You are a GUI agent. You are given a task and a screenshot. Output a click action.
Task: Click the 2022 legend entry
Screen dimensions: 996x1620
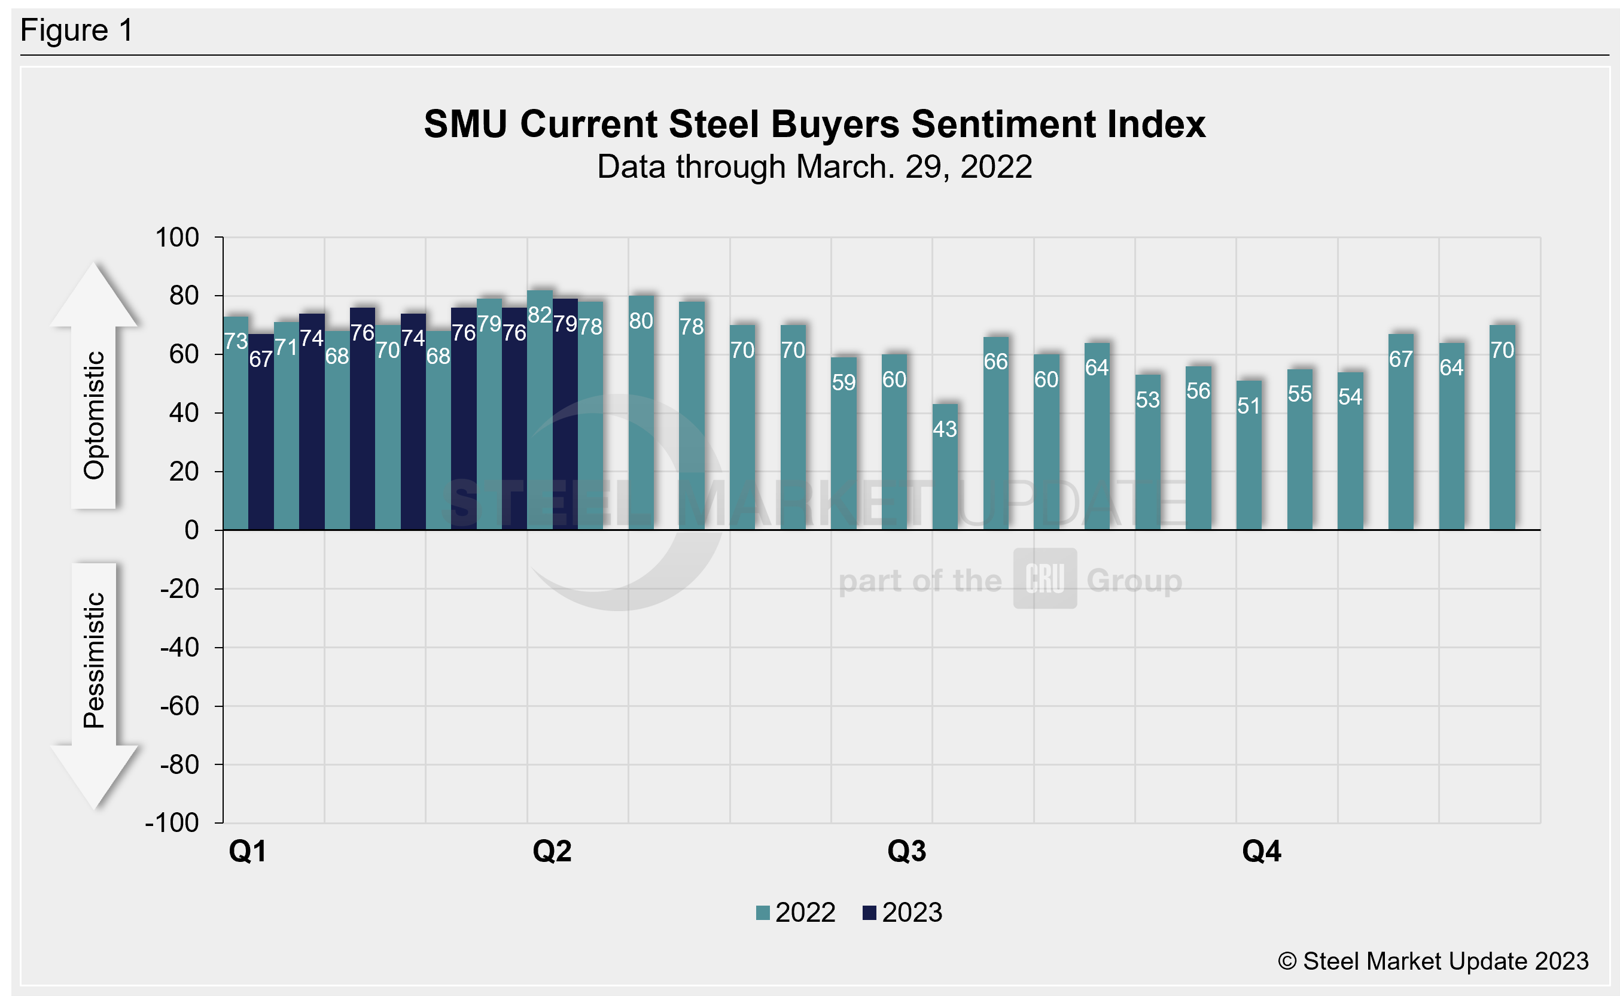pyautogui.click(x=796, y=913)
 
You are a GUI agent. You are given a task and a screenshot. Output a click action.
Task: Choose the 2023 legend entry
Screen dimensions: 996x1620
pyautogui.click(x=903, y=913)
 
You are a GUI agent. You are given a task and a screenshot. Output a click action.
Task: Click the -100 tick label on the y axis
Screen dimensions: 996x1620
pyautogui.click(x=172, y=823)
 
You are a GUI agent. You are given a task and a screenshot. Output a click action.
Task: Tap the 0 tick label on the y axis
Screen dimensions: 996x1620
pyautogui.click(x=191, y=530)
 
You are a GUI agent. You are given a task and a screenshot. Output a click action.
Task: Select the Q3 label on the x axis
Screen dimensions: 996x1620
pyautogui.click(x=906, y=851)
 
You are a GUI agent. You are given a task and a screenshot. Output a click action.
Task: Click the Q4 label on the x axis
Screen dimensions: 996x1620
pyautogui.click(x=1261, y=851)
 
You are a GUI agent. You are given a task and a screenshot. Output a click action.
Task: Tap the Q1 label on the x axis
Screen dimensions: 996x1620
pyautogui.click(x=248, y=851)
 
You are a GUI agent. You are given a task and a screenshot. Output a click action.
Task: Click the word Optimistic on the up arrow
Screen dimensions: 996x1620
pyautogui.click(x=93, y=415)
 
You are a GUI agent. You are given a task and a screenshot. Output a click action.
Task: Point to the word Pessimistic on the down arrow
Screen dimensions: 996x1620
pyautogui.click(x=93, y=660)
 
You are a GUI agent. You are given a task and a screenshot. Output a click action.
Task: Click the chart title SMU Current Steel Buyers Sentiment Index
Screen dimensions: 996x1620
pyautogui.click(x=814, y=124)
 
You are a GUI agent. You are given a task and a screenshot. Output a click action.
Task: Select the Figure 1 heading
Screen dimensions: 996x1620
pyautogui.click(x=77, y=31)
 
